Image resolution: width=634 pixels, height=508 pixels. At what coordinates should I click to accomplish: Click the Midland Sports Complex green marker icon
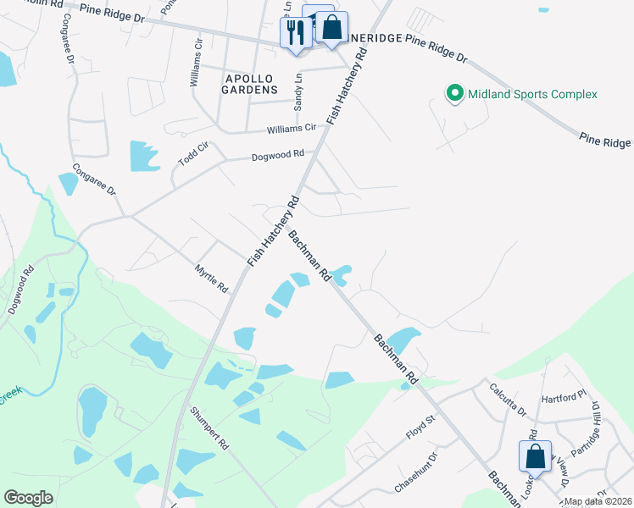pos(454,94)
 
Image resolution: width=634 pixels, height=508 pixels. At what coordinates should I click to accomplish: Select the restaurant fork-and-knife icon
pos(295,32)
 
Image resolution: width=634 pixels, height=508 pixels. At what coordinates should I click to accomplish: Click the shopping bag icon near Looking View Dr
pos(536,456)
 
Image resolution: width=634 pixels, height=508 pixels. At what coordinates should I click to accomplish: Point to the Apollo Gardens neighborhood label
pos(250,83)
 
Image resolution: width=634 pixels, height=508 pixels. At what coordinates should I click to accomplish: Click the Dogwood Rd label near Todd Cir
pos(277,156)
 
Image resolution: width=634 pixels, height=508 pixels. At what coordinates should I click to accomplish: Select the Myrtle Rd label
pos(212,277)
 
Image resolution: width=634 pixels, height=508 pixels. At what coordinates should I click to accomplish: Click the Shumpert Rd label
pos(209,430)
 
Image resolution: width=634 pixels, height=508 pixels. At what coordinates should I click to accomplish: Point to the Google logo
pos(29,498)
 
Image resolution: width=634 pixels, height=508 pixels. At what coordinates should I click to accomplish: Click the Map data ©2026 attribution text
pos(598,501)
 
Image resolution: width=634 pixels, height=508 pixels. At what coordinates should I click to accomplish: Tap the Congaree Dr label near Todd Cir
pos(93,179)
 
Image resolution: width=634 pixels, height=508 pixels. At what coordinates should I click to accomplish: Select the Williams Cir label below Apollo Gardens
pos(291,128)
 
